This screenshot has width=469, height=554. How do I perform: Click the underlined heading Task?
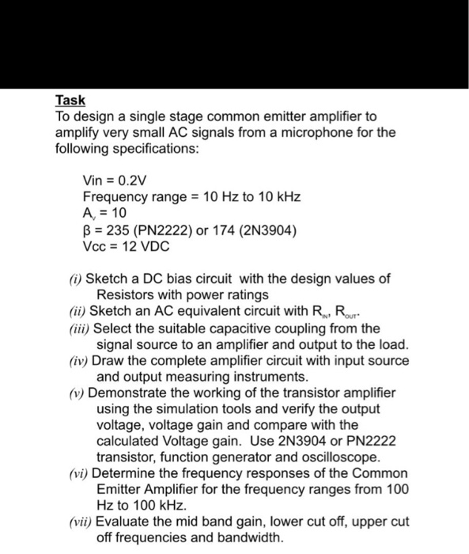tap(70, 101)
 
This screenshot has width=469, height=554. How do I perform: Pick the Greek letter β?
tap(87, 229)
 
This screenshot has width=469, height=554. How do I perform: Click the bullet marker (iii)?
tap(74, 328)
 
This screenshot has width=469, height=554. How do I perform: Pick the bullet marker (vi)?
tap(71, 473)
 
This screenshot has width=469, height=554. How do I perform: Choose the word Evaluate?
tap(123, 522)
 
